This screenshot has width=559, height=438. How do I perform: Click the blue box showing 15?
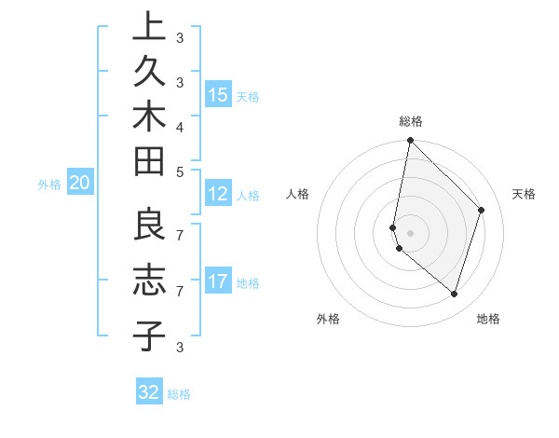(x=218, y=94)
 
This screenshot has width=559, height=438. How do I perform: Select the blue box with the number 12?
(x=218, y=194)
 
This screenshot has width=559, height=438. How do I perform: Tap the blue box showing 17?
(x=218, y=281)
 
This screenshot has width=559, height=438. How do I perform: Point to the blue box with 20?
(x=79, y=184)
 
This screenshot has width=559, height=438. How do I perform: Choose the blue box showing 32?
(x=149, y=392)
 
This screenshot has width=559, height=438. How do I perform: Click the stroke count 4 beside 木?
(x=180, y=126)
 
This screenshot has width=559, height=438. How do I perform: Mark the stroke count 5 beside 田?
(x=180, y=171)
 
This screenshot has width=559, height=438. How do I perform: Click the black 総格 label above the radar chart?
(x=411, y=121)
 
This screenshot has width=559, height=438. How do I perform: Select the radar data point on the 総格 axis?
(x=410, y=140)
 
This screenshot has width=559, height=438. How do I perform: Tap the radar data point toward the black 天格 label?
(x=482, y=210)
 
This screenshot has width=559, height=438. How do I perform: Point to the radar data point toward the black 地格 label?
(x=454, y=294)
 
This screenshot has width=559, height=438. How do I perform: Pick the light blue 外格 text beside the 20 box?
(x=49, y=185)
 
